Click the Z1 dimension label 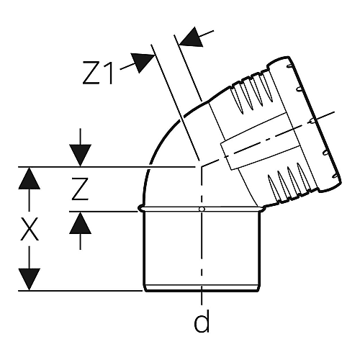[x=98, y=73]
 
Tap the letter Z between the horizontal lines [x=80, y=189]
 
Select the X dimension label [x=30, y=229]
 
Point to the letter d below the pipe [x=202, y=321]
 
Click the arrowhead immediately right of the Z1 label [x=142, y=62]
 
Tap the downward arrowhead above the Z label [x=80, y=156]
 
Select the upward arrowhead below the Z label [x=80, y=223]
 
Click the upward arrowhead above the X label [x=30, y=179]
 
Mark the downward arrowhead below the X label [x=30, y=279]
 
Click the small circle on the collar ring [x=202, y=210]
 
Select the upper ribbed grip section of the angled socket [x=252, y=93]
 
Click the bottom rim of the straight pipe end [x=202, y=288]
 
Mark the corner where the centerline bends [x=202, y=166]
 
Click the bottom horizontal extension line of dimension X [x=81, y=291]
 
